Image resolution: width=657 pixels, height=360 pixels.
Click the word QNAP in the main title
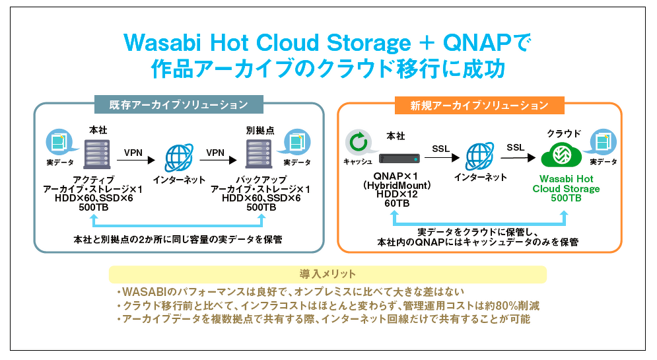(x=477, y=43)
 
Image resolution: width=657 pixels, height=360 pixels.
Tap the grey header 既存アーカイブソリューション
(x=179, y=104)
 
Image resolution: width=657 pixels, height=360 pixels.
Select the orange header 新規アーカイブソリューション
(x=479, y=105)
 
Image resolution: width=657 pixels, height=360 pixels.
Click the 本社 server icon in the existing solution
(x=97, y=154)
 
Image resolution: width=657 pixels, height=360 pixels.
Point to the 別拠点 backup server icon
(x=259, y=154)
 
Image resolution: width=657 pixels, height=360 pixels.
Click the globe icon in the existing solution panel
(x=179, y=158)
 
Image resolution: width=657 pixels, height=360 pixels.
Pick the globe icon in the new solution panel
(x=480, y=156)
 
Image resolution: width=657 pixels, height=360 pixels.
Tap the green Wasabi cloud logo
(x=561, y=155)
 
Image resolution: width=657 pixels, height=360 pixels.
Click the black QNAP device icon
(x=399, y=159)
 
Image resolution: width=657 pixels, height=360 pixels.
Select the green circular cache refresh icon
(x=359, y=142)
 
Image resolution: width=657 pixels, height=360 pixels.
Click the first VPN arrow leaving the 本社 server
(x=136, y=160)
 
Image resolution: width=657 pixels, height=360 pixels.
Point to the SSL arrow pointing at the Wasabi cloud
(x=518, y=158)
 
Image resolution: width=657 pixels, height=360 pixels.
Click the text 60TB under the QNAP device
(x=397, y=203)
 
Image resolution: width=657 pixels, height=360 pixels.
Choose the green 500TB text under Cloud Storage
(x=566, y=198)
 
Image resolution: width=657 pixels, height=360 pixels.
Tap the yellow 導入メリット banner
(x=328, y=274)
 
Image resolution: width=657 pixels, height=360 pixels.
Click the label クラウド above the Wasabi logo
(x=564, y=133)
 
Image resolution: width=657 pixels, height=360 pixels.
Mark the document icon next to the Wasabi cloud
(x=604, y=142)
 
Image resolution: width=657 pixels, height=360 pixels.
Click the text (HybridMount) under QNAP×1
(x=397, y=185)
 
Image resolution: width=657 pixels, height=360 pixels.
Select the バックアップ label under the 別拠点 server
(x=261, y=180)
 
